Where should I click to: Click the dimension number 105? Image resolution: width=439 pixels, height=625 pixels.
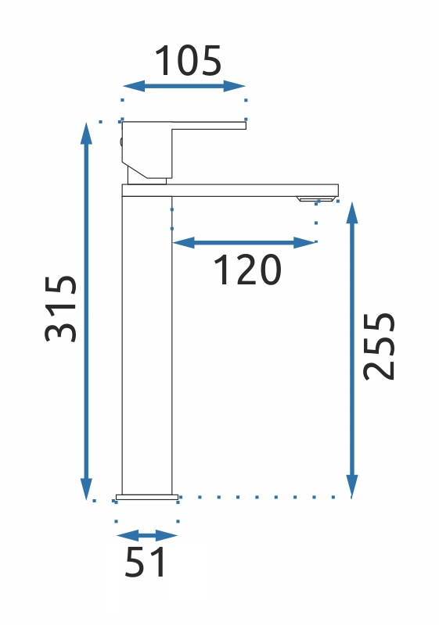[188, 61]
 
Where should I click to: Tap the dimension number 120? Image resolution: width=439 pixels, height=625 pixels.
[248, 270]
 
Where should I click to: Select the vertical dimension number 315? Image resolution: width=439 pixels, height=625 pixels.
[61, 309]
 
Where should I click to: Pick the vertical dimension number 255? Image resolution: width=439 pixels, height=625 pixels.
[379, 347]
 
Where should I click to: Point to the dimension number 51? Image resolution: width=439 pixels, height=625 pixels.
[145, 562]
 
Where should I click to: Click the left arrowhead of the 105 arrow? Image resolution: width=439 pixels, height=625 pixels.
[133, 86]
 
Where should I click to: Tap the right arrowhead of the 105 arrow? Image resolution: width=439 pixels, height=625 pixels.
[234, 86]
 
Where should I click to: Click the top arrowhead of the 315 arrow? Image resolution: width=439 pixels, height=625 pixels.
[86, 133]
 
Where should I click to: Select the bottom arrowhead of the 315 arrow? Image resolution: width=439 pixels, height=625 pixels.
[86, 489]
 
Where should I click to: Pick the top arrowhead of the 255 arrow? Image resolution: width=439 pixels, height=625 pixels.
[351, 212]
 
